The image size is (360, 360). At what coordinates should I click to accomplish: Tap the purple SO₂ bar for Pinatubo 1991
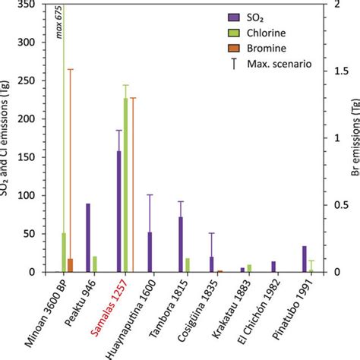(x=304, y=259)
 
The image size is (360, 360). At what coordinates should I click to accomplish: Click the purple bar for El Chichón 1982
(x=273, y=267)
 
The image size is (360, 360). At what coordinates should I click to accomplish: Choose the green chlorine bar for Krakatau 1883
(x=249, y=268)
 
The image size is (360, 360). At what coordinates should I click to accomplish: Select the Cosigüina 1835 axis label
(x=199, y=311)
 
